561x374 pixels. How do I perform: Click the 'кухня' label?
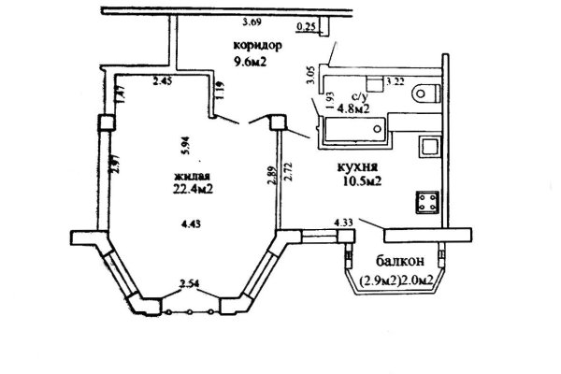[x=357, y=167]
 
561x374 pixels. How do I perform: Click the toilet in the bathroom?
[x=426, y=92]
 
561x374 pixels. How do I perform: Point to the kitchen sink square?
[x=429, y=148]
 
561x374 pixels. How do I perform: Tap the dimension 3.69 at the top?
[x=250, y=22]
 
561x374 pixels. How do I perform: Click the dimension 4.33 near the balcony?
[x=342, y=222]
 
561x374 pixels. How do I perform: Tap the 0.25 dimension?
[x=304, y=28]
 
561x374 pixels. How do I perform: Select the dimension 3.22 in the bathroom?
[x=396, y=84]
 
